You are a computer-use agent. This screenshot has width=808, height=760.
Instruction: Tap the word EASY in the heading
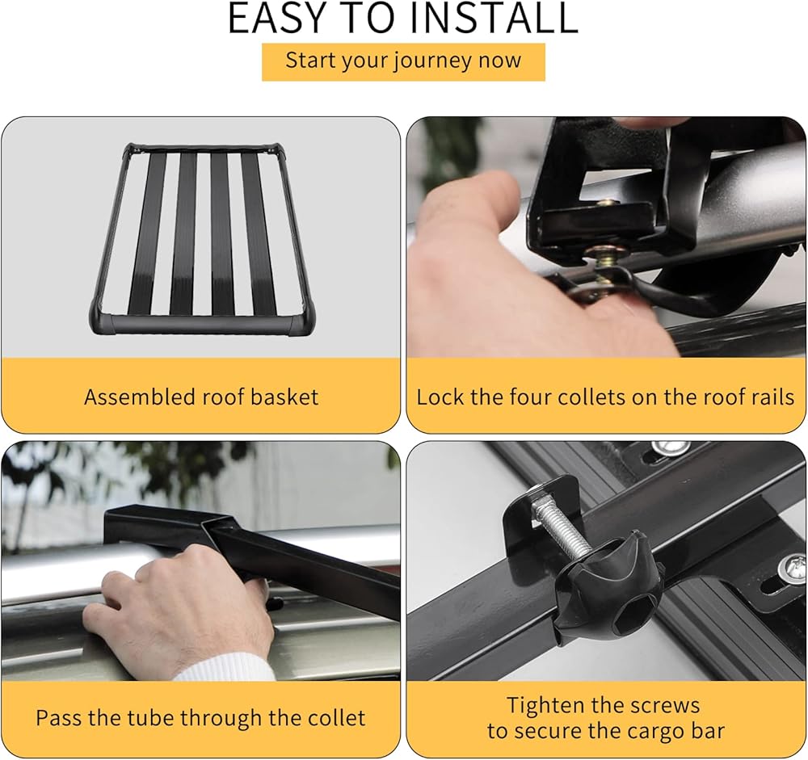point(276,18)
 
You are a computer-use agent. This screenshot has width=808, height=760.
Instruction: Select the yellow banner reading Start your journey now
point(403,62)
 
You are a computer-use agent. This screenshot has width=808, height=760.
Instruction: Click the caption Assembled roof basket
point(201,397)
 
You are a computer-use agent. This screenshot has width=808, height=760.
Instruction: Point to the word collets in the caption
point(583,397)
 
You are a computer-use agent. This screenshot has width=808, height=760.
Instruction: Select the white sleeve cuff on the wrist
point(227,665)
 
